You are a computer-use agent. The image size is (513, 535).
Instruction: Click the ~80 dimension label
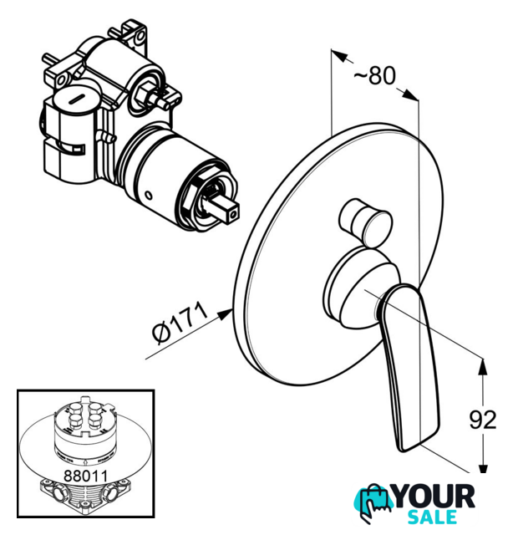click(375, 75)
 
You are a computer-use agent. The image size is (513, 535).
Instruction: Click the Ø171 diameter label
click(180, 324)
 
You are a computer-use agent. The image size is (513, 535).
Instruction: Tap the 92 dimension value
click(483, 420)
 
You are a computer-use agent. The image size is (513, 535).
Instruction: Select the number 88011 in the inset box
click(85, 476)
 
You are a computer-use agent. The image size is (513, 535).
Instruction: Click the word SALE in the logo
click(433, 517)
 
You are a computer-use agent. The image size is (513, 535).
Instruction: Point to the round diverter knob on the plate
click(366, 222)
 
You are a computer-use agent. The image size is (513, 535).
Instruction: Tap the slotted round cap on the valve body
click(77, 98)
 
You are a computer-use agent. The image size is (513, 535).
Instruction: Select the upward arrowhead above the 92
click(483, 366)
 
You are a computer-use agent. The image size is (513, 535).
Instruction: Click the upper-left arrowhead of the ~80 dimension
click(339, 56)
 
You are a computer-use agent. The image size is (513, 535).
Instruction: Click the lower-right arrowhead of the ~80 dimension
click(410, 94)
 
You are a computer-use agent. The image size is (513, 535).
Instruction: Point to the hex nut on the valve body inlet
click(145, 93)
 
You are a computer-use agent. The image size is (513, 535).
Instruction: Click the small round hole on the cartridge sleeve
click(148, 196)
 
